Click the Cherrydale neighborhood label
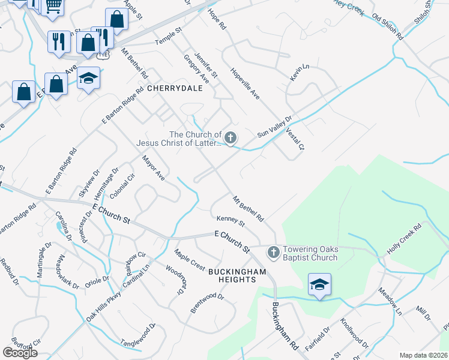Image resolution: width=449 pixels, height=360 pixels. point(175,88)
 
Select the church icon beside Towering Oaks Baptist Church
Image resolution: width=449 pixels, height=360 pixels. point(273,252)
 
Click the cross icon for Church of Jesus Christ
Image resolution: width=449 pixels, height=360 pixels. point(230,139)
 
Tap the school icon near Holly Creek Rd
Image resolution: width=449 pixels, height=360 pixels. point(319,284)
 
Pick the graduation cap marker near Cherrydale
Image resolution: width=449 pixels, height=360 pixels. point(88,79)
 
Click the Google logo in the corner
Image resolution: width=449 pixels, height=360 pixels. point(20,353)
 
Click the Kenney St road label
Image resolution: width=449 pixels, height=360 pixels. point(231,222)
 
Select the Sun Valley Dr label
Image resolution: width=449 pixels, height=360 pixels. point(274,127)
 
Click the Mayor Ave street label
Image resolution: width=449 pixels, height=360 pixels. point(153,168)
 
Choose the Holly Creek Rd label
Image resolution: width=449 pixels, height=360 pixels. point(404,239)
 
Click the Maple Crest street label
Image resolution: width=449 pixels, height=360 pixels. point(190,259)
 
